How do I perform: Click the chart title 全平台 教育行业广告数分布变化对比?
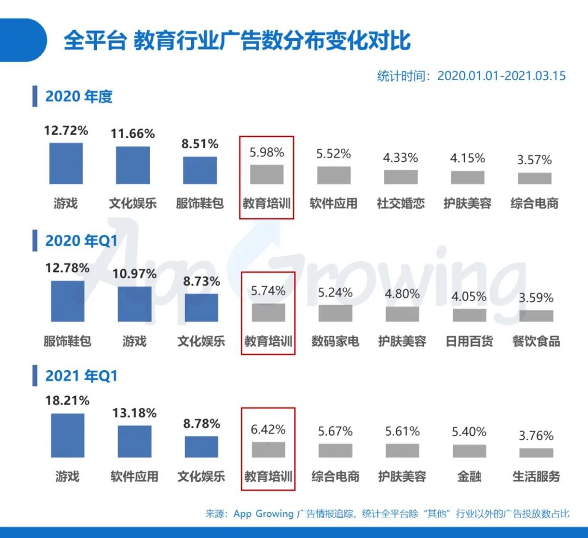click(x=237, y=41)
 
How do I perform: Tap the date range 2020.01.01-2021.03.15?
click(x=501, y=76)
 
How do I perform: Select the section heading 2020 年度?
click(x=78, y=96)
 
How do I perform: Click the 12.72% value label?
click(x=66, y=130)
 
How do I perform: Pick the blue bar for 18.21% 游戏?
click(x=68, y=435)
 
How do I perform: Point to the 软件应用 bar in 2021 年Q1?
click(x=134, y=441)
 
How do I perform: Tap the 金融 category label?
click(x=469, y=476)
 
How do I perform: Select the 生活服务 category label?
click(x=536, y=476)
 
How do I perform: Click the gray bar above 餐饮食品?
click(x=536, y=316)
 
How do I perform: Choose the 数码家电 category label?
click(x=335, y=342)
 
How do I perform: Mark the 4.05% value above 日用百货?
click(x=469, y=297)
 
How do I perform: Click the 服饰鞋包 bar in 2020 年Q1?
click(x=68, y=301)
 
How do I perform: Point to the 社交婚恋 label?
click(x=401, y=203)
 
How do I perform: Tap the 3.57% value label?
click(x=535, y=160)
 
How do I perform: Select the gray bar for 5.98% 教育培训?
click(x=267, y=174)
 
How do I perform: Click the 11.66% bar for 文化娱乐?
click(x=133, y=165)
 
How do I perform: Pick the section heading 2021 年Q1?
click(x=81, y=376)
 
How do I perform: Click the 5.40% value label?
click(x=469, y=432)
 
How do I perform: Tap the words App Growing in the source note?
click(x=264, y=513)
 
